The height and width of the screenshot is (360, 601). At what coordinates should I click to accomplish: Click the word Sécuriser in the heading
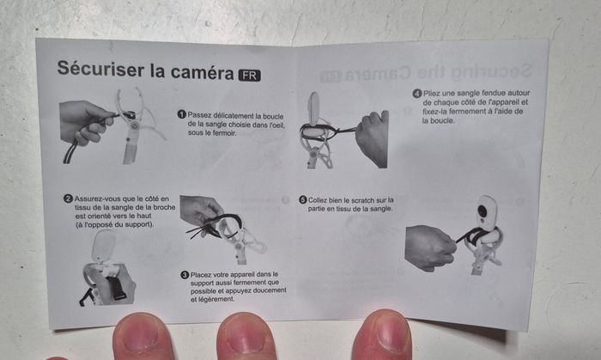coord(100,69)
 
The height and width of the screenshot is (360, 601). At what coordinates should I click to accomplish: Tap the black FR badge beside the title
coord(250,75)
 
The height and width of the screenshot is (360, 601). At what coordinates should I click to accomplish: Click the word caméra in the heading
coord(202,71)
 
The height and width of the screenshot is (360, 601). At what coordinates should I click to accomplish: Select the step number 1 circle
coord(182,114)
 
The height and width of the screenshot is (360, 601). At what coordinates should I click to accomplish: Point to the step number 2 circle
coord(68,198)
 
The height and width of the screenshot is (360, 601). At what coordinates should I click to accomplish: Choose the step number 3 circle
coord(185,275)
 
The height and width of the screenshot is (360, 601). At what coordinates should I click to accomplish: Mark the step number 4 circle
coord(417,94)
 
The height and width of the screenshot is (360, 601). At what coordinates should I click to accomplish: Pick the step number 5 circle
coord(303,199)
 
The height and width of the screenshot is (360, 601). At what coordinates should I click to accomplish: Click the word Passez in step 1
coord(199,115)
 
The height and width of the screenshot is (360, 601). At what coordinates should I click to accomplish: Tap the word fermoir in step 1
coord(225,133)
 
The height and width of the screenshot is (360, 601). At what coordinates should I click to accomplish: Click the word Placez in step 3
coord(201,274)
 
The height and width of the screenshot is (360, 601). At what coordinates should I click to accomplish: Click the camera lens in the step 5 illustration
coord(483,211)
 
